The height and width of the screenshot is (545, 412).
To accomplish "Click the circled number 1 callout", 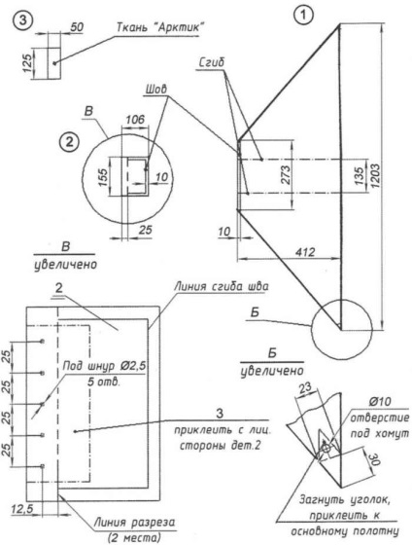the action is pos(303,16).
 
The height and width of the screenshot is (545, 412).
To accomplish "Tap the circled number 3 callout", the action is pos(23,20).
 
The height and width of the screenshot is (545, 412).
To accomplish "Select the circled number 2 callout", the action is pos(69,142).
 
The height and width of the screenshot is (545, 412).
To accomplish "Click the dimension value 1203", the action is pos(376,176).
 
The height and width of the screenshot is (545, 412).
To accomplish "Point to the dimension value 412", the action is pos(306,251).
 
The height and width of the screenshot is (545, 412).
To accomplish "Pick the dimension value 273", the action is pos(286,175).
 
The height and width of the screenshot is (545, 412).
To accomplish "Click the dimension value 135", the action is pos(360,176).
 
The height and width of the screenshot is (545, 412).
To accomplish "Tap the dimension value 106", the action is pos(135,119).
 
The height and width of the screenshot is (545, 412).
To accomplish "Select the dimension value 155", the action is pos(103,176).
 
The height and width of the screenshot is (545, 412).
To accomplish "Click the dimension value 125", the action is pos(28,62).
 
